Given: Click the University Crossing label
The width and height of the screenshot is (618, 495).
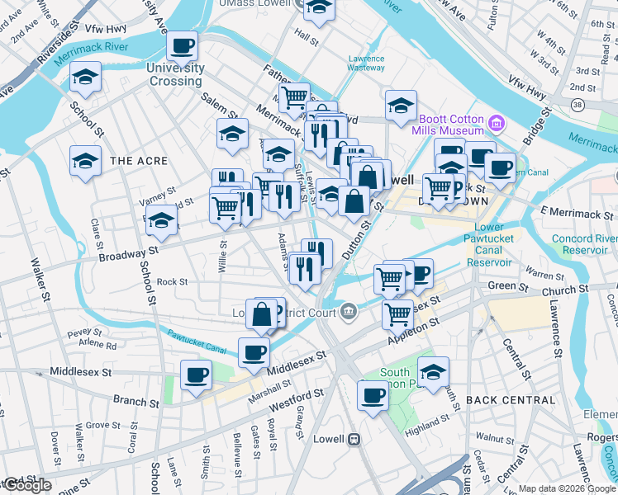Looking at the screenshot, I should pos(175,74).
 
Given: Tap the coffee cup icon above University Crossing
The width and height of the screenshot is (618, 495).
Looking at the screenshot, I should pos(183,46).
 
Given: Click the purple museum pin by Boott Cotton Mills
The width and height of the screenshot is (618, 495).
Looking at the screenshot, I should pos(496,125).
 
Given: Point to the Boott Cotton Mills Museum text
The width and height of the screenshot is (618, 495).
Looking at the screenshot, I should pos(449,125).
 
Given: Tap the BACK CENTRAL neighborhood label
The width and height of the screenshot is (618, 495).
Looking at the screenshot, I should pos(511,400).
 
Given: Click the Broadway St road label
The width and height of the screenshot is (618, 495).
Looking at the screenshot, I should pos(128,252).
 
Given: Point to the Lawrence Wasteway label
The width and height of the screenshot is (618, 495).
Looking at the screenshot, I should pos(366,64).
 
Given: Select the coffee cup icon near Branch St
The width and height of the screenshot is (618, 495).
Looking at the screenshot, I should pos(197,376).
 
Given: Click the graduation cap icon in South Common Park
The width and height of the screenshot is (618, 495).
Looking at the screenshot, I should pos(433,371).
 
